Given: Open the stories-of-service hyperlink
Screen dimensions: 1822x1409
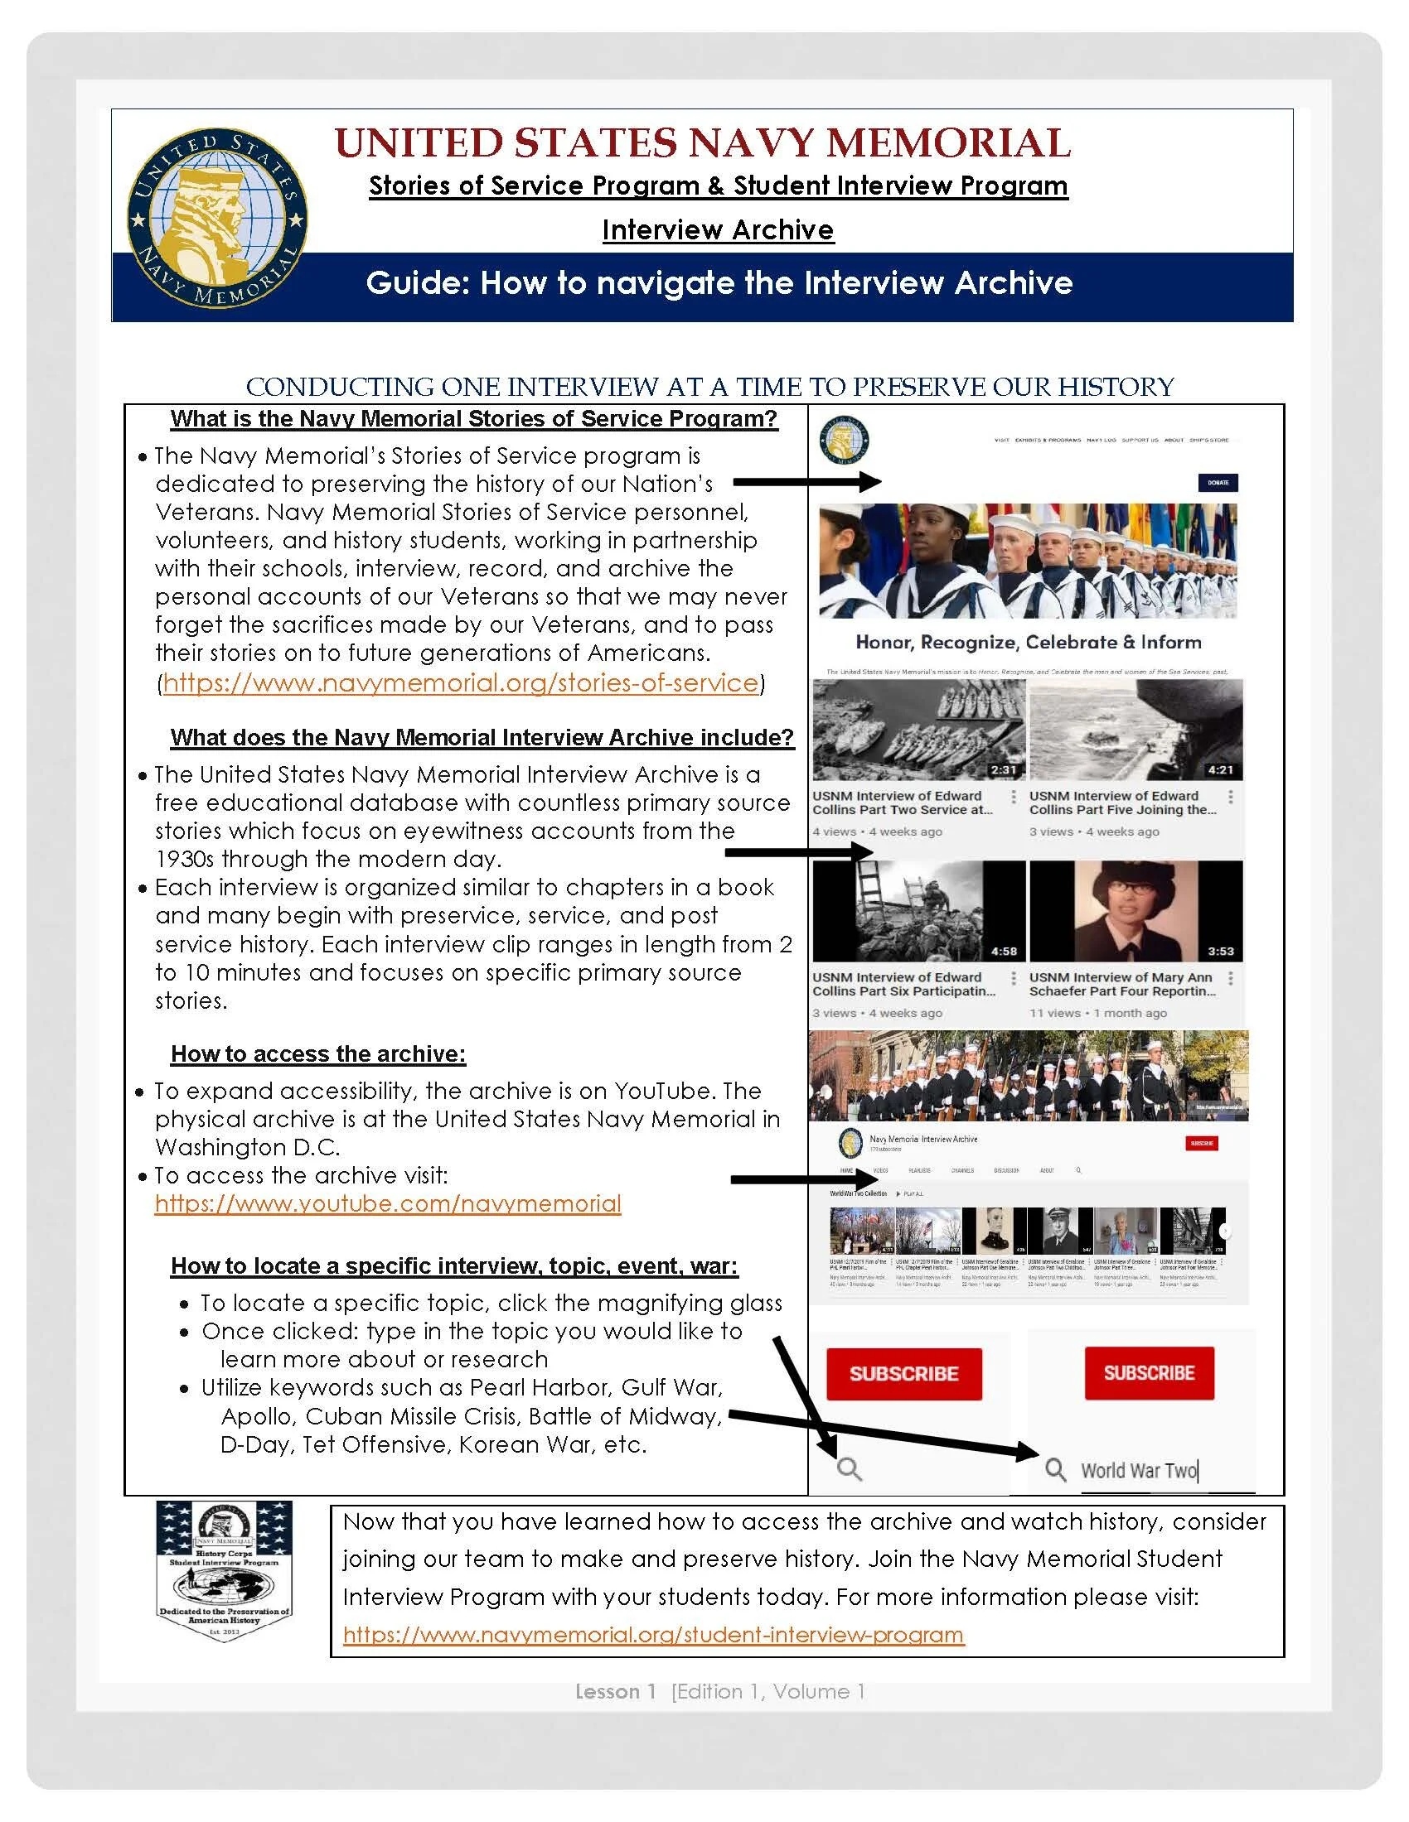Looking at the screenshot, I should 460,683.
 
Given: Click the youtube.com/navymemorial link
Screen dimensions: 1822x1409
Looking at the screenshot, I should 387,1204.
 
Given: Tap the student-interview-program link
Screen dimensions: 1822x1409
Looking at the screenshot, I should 654,1634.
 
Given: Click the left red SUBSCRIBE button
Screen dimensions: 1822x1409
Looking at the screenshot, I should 903,1374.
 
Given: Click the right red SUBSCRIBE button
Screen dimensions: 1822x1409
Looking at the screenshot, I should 1149,1373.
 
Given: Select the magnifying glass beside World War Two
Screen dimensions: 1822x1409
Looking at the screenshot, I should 1055,1470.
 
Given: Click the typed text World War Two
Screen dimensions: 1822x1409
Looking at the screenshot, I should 1139,1470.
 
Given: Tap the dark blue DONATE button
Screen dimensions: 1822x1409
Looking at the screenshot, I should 1217,482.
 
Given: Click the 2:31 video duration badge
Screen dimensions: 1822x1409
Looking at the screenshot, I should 1004,770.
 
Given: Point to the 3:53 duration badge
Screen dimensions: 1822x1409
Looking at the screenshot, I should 1220,951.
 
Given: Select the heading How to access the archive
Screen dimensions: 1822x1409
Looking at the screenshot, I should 318,1053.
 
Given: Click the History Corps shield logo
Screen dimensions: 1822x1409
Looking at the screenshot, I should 225,1572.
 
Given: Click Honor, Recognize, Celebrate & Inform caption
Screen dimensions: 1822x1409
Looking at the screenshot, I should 1028,643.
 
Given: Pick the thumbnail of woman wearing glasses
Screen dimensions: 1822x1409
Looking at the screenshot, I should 1135,911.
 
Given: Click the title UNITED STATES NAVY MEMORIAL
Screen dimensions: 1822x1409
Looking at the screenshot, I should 702,142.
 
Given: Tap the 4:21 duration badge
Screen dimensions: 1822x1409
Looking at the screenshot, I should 1220,770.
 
